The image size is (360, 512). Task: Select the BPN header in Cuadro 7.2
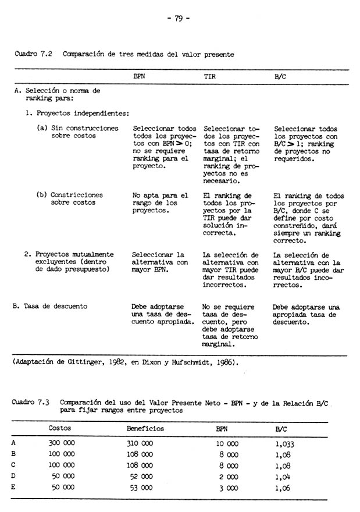pos(139,76)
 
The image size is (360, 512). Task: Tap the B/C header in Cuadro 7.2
pos(279,76)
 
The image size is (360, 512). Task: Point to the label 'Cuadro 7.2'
pos(33,54)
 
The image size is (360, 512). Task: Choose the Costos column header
pos(60,429)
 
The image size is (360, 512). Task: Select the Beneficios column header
pos(145,429)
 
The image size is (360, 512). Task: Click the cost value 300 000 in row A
pos(60,443)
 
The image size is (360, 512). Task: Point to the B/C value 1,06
pos(283,488)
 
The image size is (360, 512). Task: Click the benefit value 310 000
pos(140,443)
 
